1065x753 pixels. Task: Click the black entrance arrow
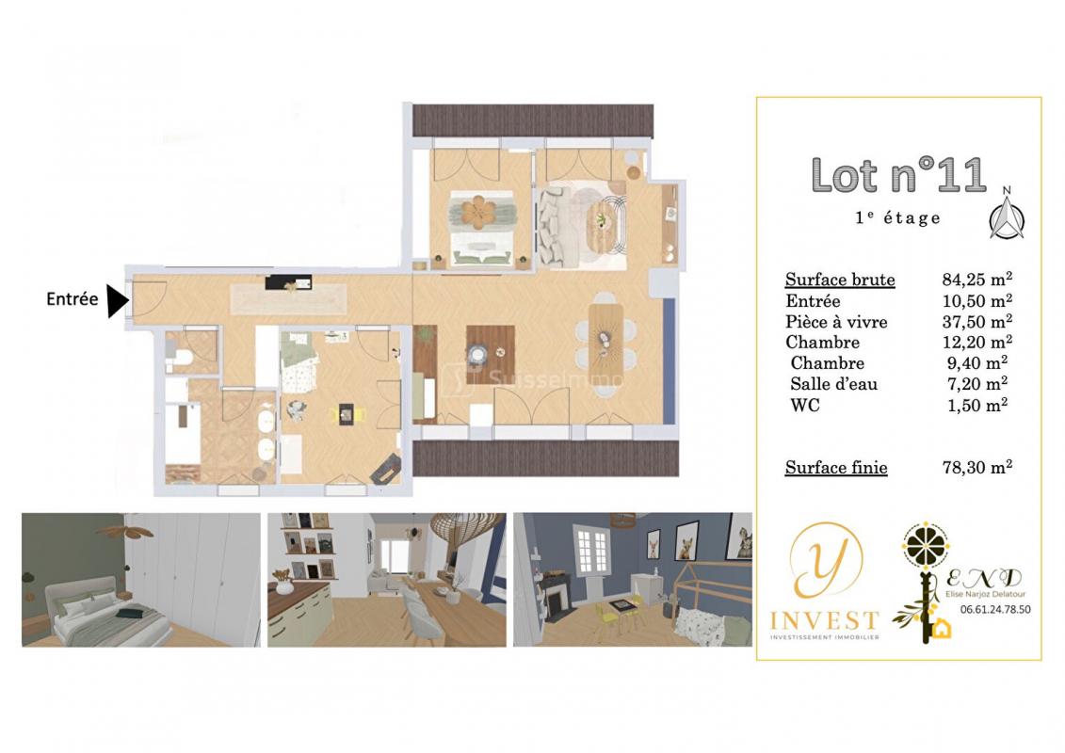[117, 300]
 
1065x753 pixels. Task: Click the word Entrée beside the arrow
[72, 298]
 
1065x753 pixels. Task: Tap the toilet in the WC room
[178, 358]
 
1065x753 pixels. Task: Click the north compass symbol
[1007, 216]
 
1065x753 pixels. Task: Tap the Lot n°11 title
[898, 175]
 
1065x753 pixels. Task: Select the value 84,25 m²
[976, 279]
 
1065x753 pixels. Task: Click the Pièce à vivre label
[836, 322]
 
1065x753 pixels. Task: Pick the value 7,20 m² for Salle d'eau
[976, 384]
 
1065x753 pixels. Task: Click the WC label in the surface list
[805, 406]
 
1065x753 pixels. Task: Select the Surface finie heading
[836, 468]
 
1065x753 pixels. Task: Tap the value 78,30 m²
[976, 467]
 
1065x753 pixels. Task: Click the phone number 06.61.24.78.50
[995, 610]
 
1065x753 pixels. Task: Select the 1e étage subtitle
[898, 217]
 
